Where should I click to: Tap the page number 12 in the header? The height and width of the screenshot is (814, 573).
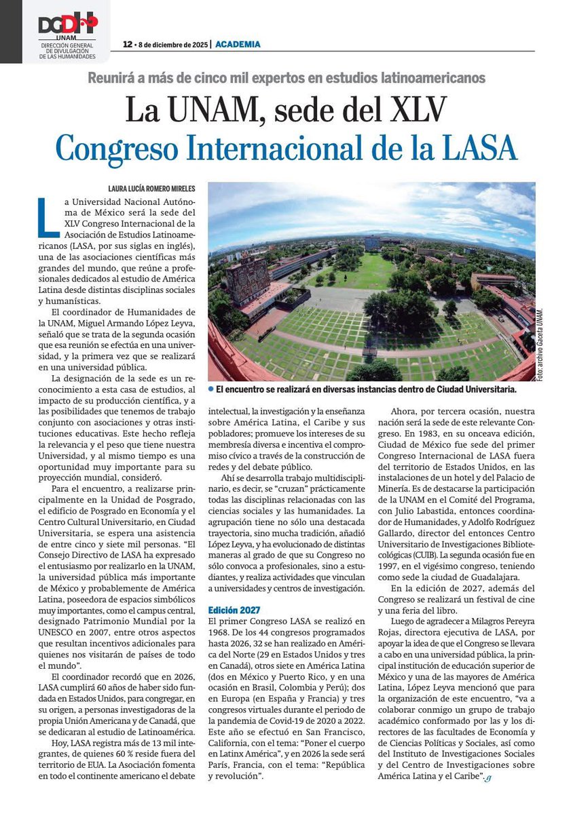(x=127, y=44)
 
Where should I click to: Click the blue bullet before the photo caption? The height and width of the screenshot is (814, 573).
(x=211, y=389)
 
